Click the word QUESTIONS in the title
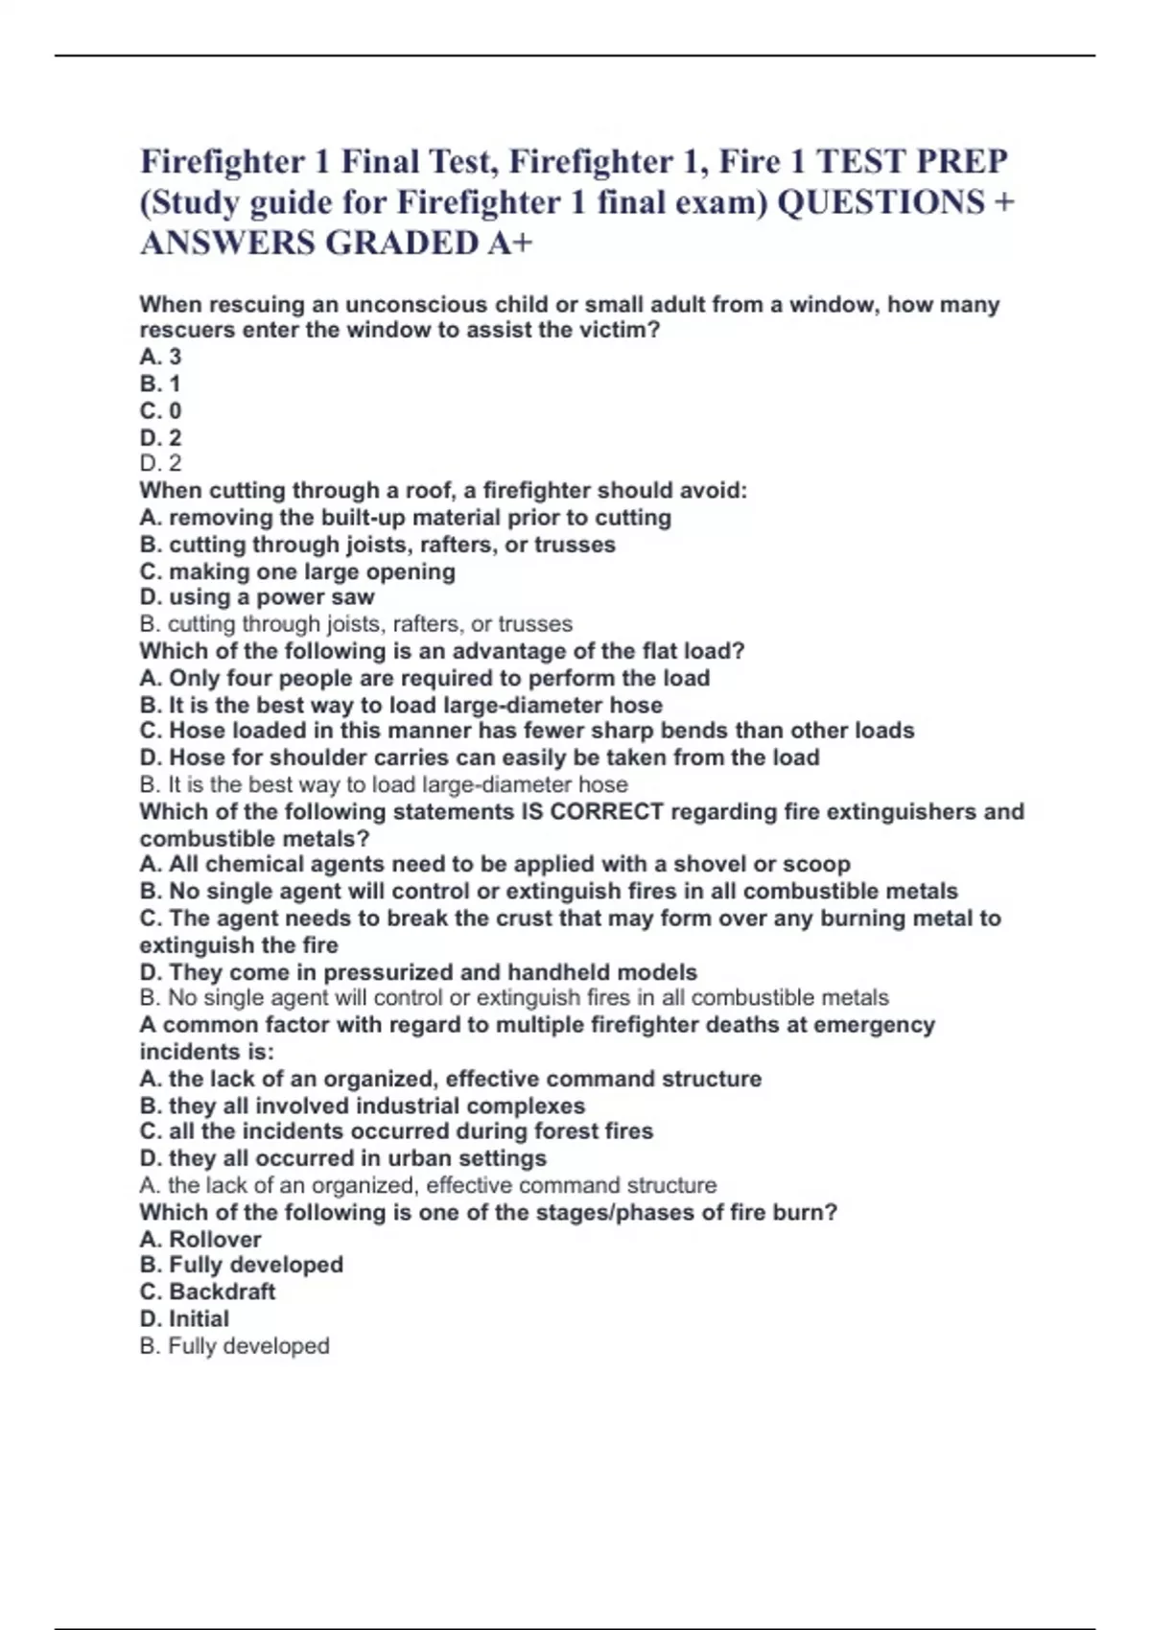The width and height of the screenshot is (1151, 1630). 880,202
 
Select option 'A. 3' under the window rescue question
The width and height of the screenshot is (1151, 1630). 160,357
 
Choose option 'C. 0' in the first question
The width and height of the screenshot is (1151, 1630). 160,410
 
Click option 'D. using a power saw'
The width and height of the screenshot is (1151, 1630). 256,597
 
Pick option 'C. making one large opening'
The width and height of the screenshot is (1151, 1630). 297,571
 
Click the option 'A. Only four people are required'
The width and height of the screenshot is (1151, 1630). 424,678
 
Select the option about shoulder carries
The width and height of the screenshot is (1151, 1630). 480,757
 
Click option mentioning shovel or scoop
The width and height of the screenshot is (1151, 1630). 495,864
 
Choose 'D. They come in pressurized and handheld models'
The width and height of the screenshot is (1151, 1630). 418,972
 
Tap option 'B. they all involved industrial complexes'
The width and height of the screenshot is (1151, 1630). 362,1106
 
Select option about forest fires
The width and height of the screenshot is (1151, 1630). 396,1131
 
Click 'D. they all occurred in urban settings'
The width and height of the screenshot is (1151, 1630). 342,1158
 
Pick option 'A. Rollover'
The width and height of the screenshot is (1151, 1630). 200,1239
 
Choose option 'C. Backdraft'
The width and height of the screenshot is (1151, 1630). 207,1292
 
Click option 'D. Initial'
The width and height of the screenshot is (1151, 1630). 184,1318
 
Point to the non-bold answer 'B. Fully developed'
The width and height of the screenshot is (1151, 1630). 234,1346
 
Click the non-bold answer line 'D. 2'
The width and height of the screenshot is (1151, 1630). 160,464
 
